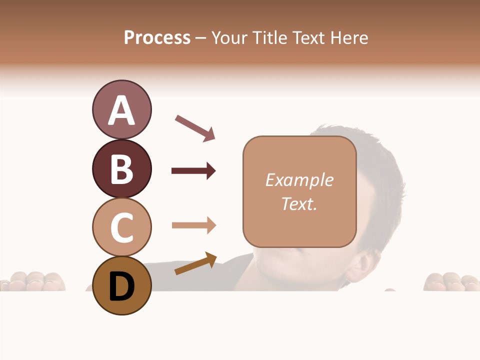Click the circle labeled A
tap(121, 110)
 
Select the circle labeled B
tap(121, 168)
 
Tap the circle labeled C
tap(121, 227)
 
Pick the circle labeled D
tap(121, 285)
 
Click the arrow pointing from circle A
tap(195, 127)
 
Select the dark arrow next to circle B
tap(193, 171)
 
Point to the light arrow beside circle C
tap(193, 225)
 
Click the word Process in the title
tap(157, 37)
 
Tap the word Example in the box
tap(299, 180)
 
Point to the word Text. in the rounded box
tap(299, 203)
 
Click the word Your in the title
tap(230, 37)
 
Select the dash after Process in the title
tap(200, 38)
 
